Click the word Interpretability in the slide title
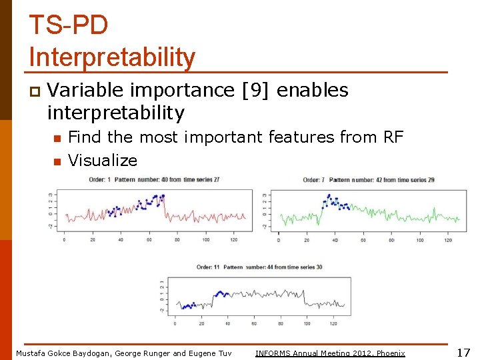pos(112,57)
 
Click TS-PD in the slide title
pos(68,25)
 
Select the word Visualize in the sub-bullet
pos(103,161)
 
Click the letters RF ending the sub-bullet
pos(393,137)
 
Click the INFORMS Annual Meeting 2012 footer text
pos(330,353)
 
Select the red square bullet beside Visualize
pos(57,161)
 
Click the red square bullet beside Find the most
pos(57,138)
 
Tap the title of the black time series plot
pos(259,267)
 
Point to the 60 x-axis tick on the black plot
pos(254,324)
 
